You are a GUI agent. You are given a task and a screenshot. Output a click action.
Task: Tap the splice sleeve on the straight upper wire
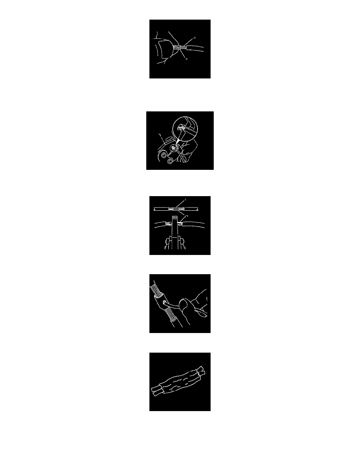pyautogui.click(x=180, y=209)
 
